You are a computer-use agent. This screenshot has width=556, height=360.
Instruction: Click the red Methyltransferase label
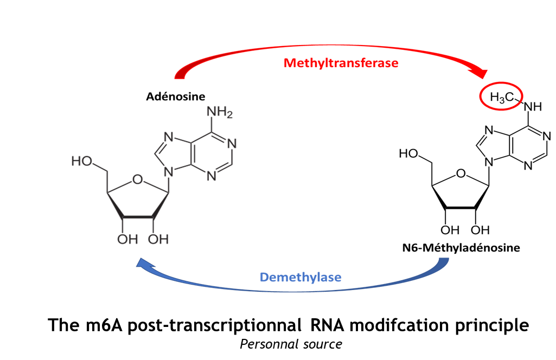[341, 63]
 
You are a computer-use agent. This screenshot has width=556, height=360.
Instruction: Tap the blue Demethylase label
[301, 278]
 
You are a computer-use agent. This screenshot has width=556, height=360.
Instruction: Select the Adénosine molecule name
[176, 97]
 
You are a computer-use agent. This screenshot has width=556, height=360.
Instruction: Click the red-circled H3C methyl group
[501, 98]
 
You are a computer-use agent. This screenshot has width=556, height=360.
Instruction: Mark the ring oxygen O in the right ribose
[461, 174]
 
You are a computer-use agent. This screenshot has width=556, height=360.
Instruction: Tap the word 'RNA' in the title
[327, 325]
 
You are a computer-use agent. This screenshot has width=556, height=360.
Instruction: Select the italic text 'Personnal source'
[291, 344]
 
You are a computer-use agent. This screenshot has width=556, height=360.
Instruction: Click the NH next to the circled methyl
[533, 107]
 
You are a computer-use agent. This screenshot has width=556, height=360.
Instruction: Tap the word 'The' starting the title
[61, 325]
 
